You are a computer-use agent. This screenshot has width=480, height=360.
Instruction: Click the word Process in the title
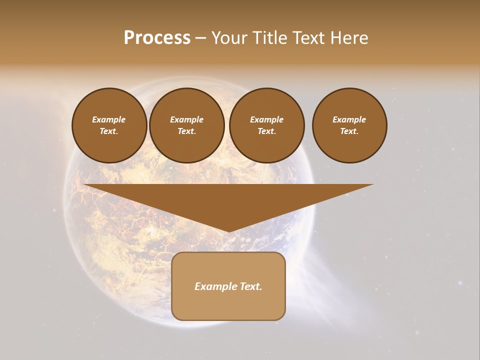[x=157, y=38]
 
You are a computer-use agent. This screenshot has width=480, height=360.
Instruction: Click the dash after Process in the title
[x=200, y=38]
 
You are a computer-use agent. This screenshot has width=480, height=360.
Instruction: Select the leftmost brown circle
[x=109, y=125]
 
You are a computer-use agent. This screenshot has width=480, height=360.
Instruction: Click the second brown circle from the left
[x=187, y=125]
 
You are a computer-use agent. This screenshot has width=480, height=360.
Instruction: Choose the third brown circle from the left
[x=267, y=125]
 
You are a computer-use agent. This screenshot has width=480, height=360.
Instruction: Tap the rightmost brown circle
[x=349, y=125]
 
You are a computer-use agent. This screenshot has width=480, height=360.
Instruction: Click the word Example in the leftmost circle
[x=109, y=119]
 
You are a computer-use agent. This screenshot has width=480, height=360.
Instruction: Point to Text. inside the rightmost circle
[x=349, y=131]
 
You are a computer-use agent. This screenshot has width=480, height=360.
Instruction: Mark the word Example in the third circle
[x=267, y=119]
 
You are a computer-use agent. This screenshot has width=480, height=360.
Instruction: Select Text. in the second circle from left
[x=187, y=131]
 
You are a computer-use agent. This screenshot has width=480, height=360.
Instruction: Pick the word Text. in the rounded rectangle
[x=250, y=286]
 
